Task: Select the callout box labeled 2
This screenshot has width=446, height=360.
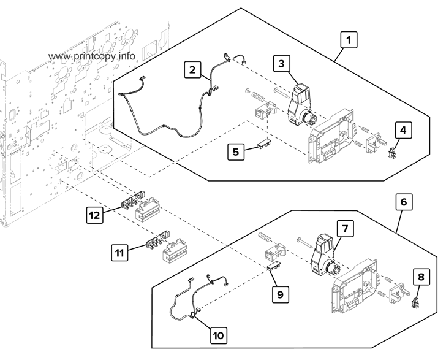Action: (192, 71)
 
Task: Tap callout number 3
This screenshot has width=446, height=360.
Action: (281, 63)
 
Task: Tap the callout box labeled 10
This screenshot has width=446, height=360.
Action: (219, 335)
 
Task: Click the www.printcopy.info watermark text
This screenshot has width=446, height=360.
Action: (91, 56)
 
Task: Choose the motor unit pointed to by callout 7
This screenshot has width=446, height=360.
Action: (323, 255)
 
